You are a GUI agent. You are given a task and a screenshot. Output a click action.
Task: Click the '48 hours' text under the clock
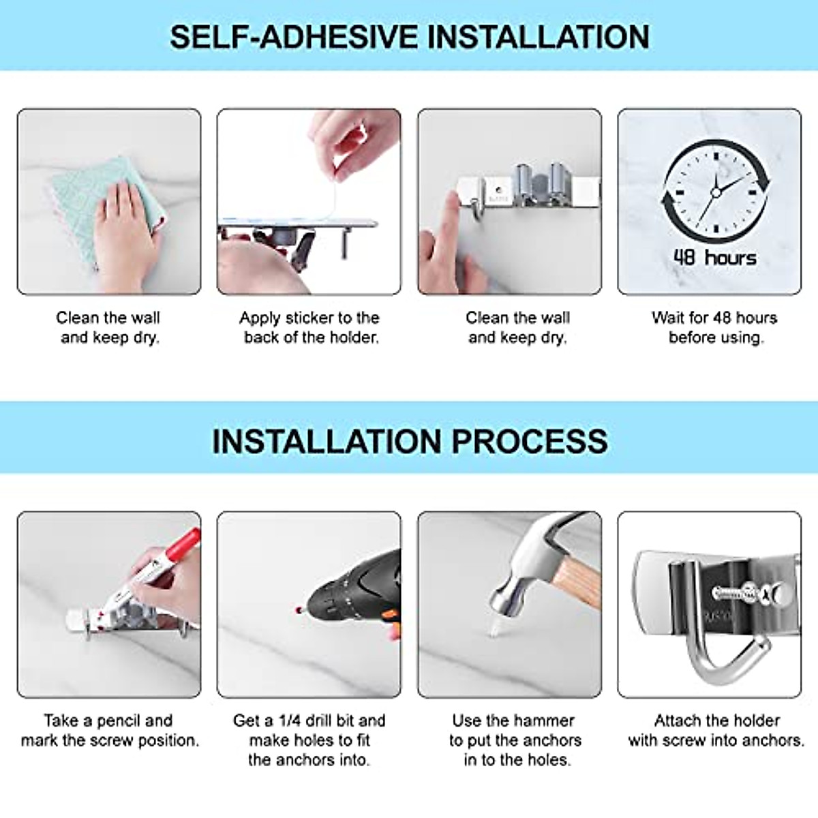pos(714,258)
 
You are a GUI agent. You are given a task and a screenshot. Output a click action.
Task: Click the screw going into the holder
pos(743,592)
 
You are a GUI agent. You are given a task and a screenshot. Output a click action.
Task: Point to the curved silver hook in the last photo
pos(709,654)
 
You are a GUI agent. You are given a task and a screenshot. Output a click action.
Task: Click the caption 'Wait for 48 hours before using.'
pos(714,327)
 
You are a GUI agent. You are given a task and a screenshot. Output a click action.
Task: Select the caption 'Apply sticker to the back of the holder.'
pos(309,327)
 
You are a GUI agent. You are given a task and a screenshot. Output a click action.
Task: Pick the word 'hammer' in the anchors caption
pos(543,721)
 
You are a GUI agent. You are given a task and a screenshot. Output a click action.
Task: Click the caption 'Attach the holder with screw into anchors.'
pos(716,730)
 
